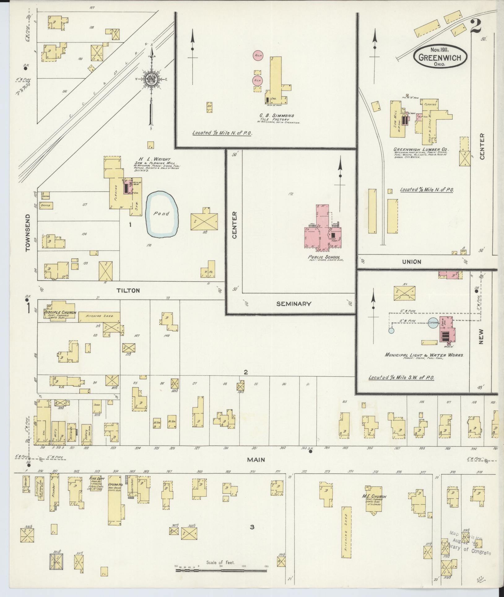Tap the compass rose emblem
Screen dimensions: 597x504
pyautogui.click(x=152, y=80)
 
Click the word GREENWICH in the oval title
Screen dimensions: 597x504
pyautogui.click(x=440, y=58)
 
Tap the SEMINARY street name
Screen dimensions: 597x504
pyautogui.click(x=293, y=304)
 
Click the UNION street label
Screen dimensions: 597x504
pyautogui.click(x=411, y=262)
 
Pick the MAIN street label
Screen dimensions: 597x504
pyautogui.click(x=256, y=460)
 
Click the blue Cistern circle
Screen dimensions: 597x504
pyautogui.click(x=433, y=323)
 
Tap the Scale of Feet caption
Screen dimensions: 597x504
pyautogui.click(x=221, y=562)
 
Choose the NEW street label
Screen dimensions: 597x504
pyautogui.click(x=481, y=337)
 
